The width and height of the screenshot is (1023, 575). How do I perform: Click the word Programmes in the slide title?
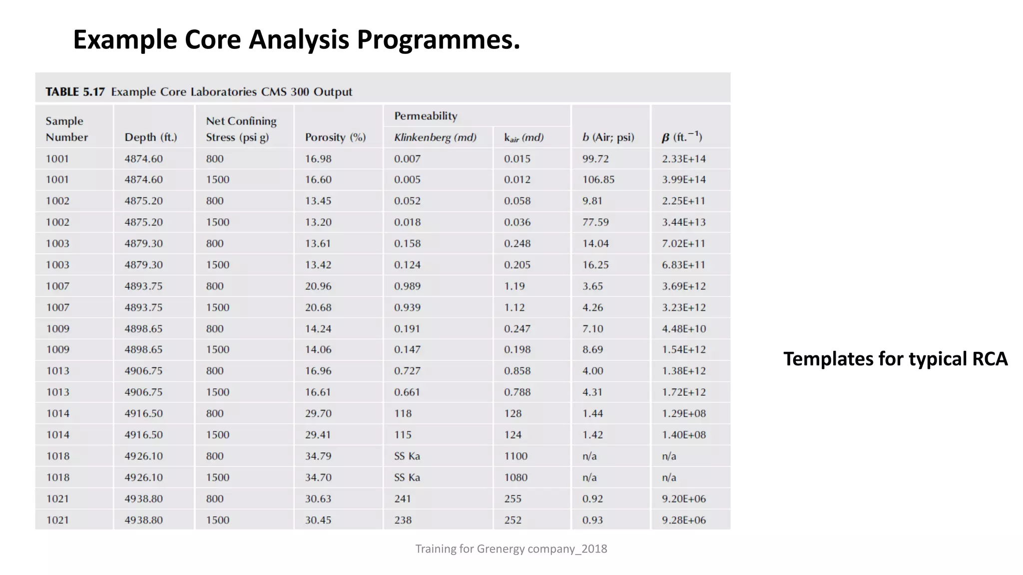[439, 40]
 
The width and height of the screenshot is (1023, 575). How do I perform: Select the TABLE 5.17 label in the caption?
[75, 92]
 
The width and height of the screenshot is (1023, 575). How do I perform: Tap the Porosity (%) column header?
[335, 137]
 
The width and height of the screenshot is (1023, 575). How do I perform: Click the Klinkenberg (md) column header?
[435, 137]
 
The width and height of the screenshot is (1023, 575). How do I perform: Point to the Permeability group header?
[426, 116]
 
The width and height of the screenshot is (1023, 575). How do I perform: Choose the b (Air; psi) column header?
[608, 137]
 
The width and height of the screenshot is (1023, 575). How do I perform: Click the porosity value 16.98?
[318, 159]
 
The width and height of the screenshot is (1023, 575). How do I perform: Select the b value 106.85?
[598, 179]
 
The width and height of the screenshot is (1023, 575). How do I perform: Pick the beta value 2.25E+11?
[684, 201]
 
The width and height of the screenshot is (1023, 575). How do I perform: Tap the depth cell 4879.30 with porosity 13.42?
[143, 265]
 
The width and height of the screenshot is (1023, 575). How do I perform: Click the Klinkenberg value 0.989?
[407, 286]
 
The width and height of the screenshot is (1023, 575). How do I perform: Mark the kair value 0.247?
[517, 328]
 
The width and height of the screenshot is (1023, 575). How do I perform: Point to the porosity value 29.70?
[318, 413]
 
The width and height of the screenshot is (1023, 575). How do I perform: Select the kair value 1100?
[515, 456]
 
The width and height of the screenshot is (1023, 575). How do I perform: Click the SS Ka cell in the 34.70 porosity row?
[407, 477]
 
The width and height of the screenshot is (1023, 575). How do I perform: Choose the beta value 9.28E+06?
[684, 520]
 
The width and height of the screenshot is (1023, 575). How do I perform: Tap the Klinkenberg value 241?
[402, 499]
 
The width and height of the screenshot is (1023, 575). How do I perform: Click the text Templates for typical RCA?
[895, 359]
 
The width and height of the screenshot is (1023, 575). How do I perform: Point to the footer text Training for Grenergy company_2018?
[511, 549]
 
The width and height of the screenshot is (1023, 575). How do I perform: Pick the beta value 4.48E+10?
[684, 328]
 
